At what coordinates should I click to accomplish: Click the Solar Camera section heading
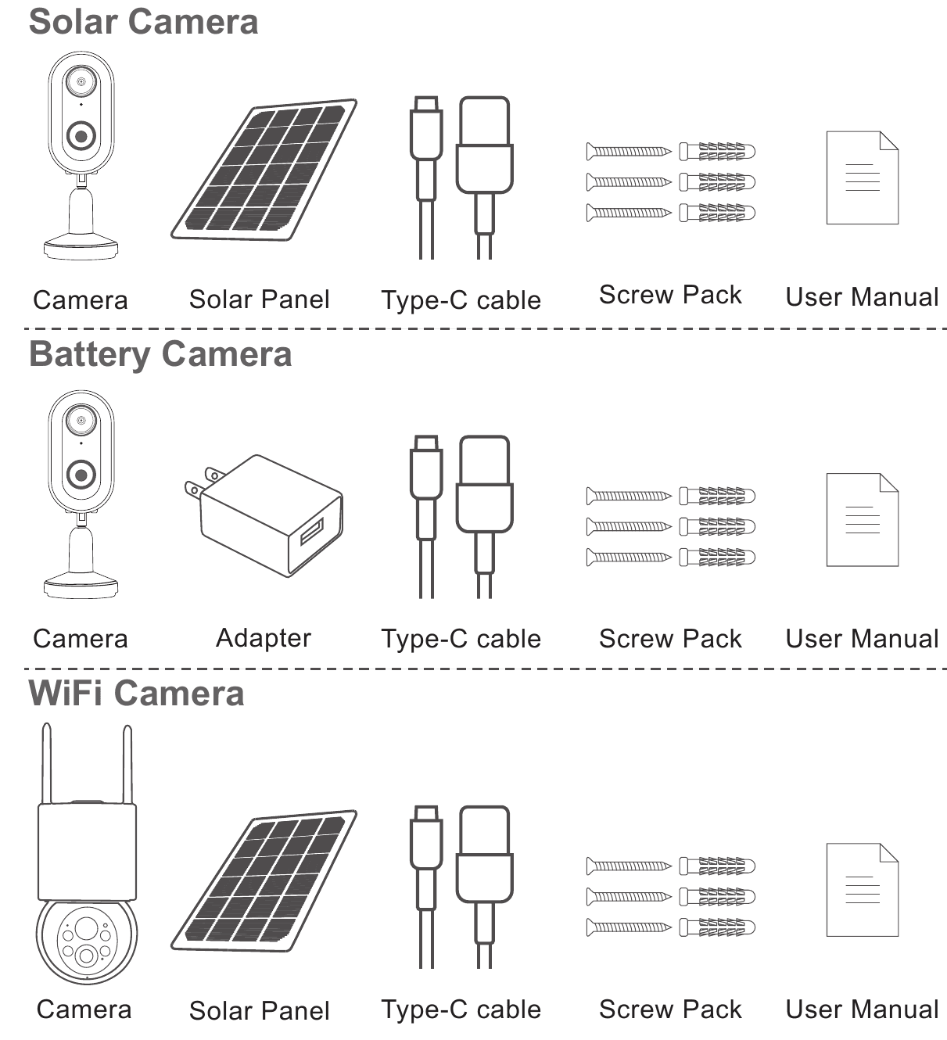[144, 22]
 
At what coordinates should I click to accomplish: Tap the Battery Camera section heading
[161, 354]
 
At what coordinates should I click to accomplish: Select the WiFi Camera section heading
[136, 693]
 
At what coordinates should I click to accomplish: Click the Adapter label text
[264, 638]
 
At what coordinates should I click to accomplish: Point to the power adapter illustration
[264, 515]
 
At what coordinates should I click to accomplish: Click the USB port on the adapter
[312, 532]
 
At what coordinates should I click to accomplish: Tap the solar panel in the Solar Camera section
[264, 170]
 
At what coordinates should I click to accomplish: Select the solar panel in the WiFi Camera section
[264, 880]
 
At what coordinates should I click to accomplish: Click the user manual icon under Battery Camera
[863, 519]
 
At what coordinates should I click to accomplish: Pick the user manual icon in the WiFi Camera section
[863, 890]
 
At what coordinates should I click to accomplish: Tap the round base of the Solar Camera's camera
[81, 249]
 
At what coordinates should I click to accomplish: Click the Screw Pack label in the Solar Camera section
[670, 296]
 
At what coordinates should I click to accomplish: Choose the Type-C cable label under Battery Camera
[461, 639]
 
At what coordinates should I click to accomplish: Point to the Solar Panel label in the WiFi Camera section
[260, 1011]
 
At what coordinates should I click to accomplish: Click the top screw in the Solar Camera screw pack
[629, 152]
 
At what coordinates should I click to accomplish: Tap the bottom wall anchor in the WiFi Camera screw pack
[717, 927]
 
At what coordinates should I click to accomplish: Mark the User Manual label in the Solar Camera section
[862, 297]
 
